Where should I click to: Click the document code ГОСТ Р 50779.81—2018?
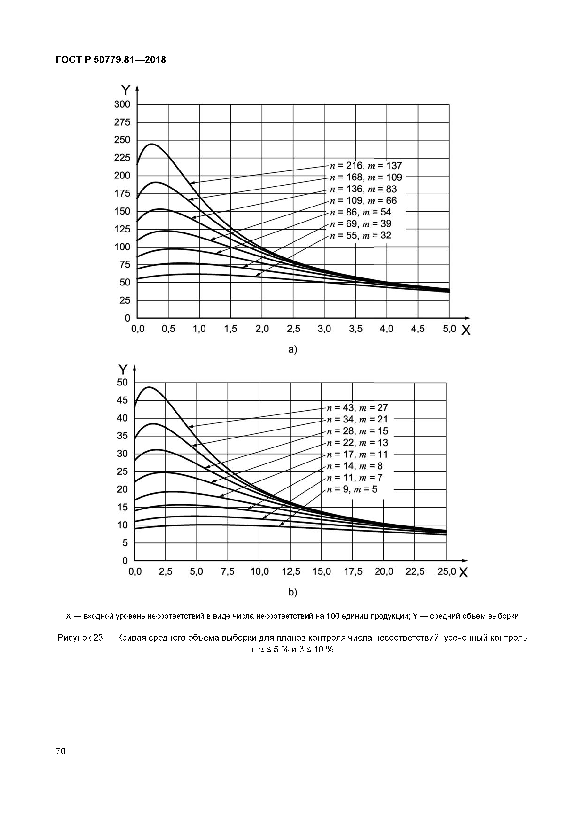pos(111,60)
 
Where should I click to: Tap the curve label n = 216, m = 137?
pos(365,166)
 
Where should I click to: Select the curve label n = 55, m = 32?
pos(360,236)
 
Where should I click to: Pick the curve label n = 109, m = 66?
pos(363,201)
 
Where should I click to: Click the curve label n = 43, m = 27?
pos(357,408)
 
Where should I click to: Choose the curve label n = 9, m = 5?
pos(352,489)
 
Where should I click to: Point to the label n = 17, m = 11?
pos(357,455)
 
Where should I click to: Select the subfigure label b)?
pos(292,592)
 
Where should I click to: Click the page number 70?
pos(61,751)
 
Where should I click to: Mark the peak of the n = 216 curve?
pos(151,144)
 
